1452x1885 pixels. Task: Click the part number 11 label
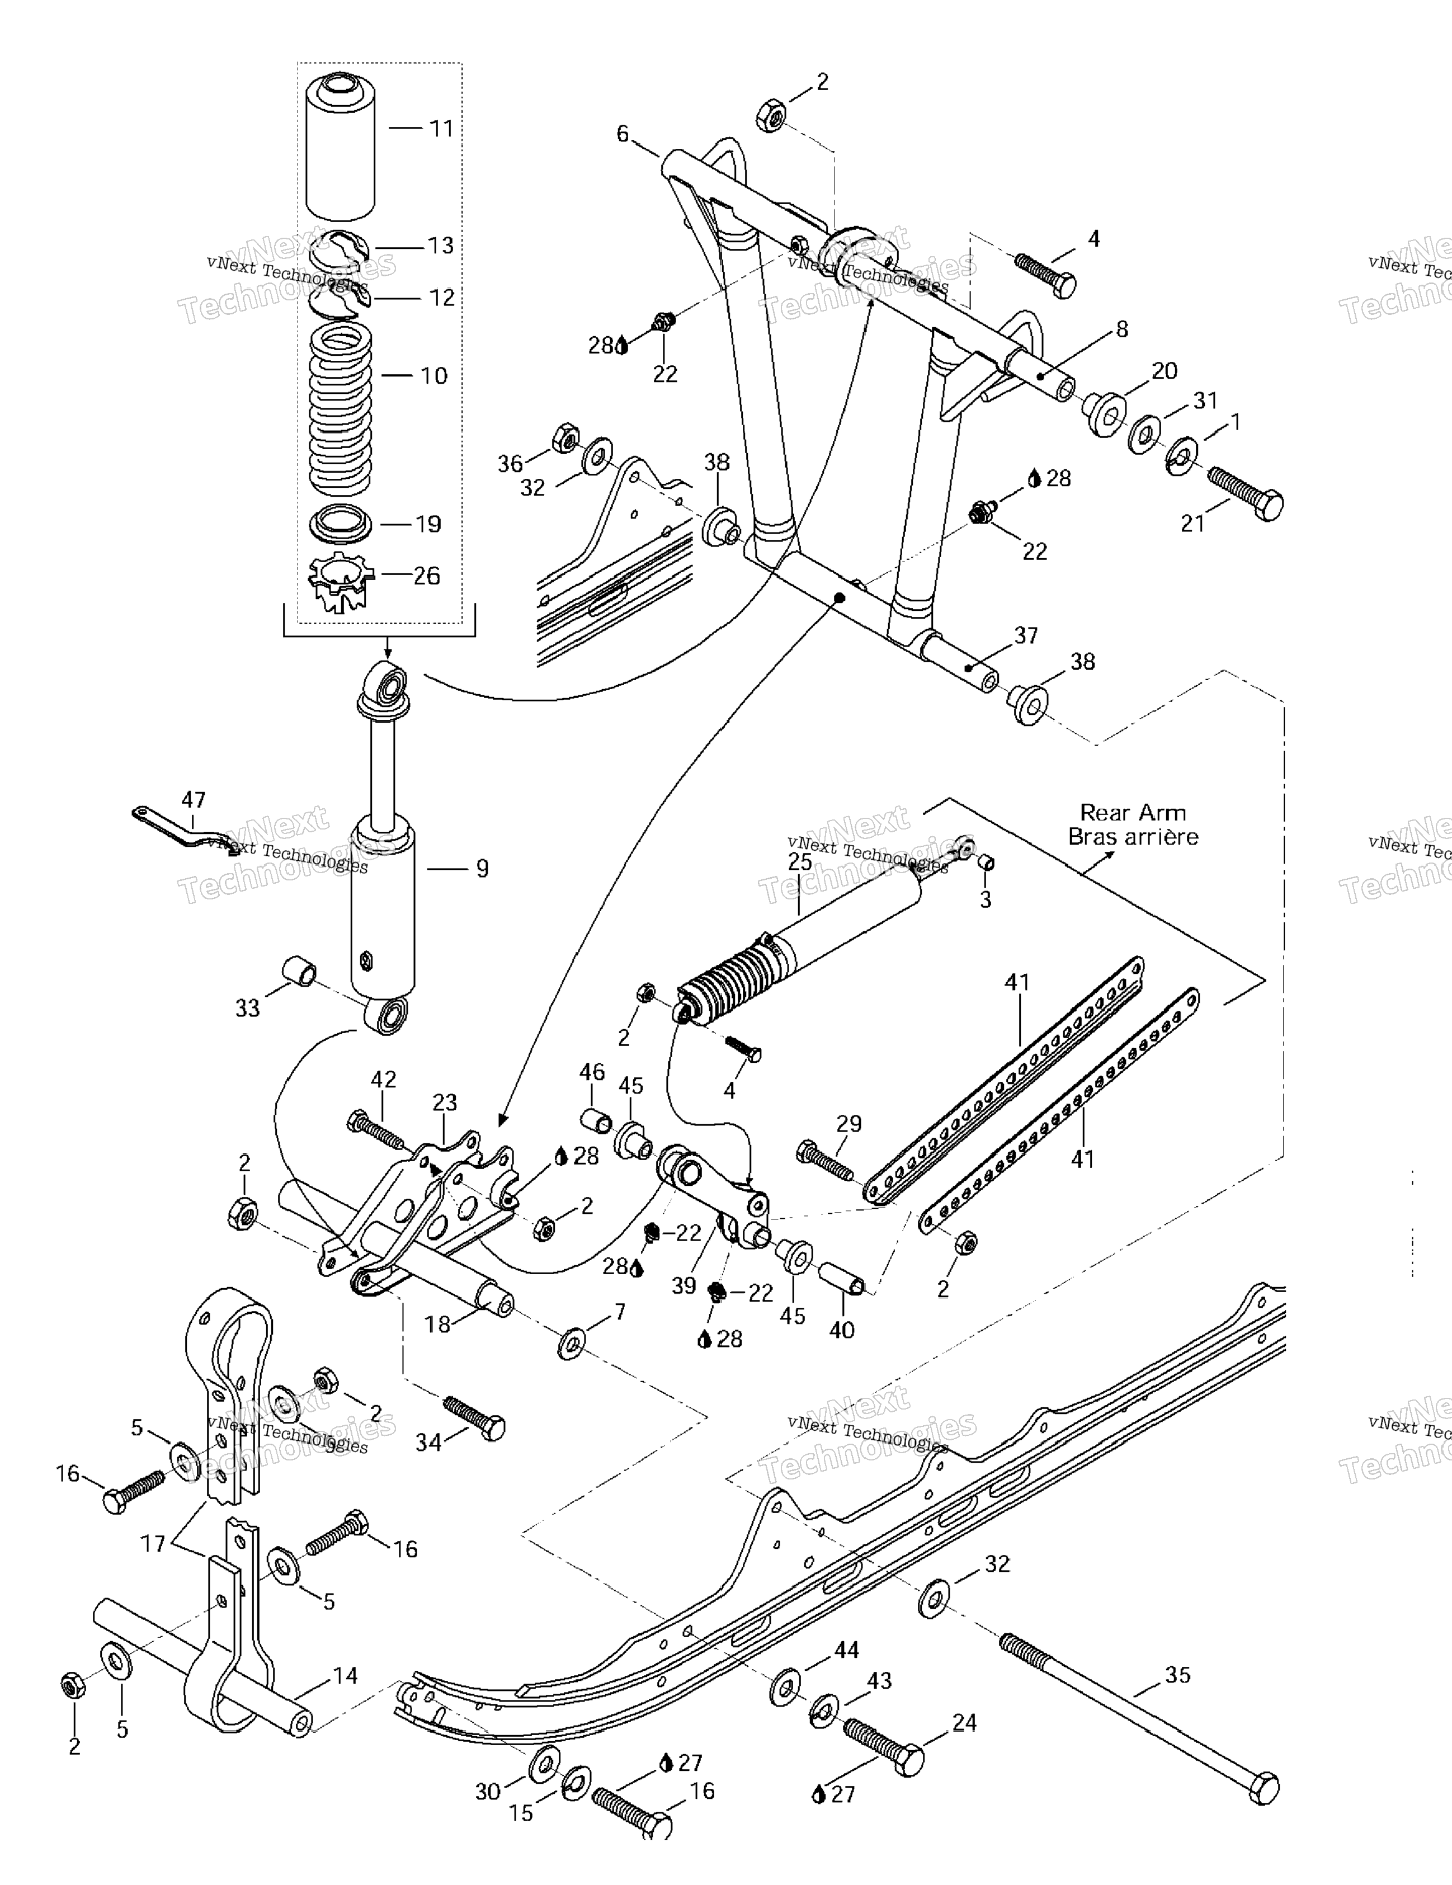coord(441,129)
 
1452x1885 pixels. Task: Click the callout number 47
coord(194,799)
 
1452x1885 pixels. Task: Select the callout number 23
coord(445,1102)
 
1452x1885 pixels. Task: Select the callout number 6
coord(623,134)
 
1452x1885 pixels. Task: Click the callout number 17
coord(153,1543)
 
